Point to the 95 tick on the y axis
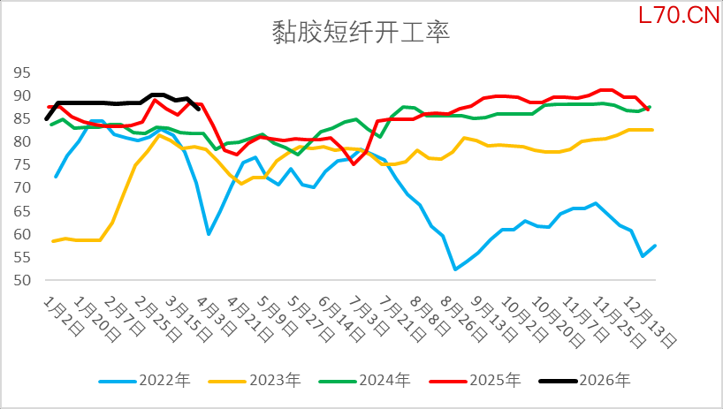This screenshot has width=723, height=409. point(22,72)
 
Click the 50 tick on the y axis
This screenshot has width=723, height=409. point(22,281)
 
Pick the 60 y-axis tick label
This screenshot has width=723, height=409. point(22,235)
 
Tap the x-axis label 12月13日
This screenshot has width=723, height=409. point(657,320)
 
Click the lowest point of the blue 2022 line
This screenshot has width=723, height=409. point(455,269)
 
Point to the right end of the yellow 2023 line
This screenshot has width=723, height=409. point(652,130)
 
